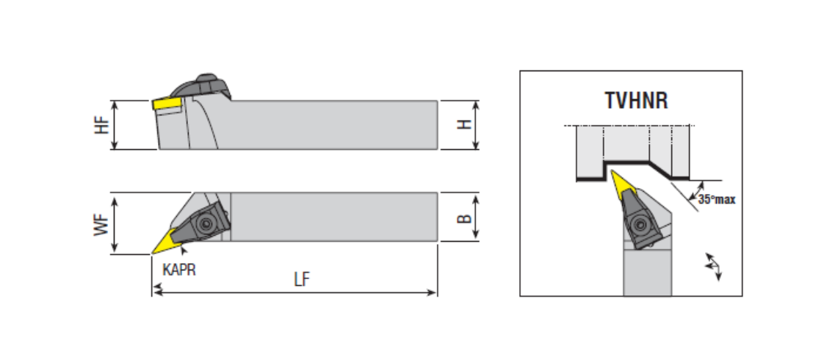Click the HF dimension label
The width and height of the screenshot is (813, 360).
coord(101,125)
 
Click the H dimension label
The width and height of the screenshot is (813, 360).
coord(463,125)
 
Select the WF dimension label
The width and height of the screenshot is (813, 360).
coord(101,224)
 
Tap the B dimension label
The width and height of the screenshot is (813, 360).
coord(463,218)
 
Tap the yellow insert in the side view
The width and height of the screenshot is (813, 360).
coord(167,105)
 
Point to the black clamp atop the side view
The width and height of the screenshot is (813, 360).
coord(207,84)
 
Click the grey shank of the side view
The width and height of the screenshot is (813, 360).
coord(330,125)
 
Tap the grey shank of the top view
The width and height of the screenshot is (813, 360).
coord(330,216)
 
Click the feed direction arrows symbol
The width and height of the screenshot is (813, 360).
coord(712,265)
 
